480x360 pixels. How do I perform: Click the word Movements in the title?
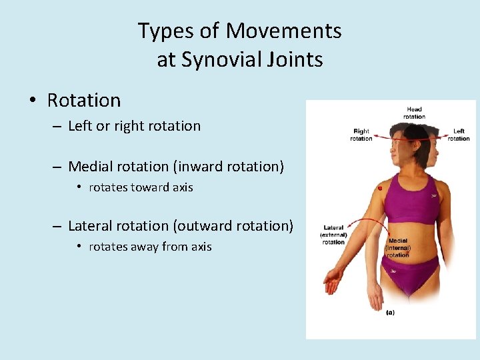283,31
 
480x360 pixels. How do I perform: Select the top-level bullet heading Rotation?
84,101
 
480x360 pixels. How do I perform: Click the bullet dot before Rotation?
32,101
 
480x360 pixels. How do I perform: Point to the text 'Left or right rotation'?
134,126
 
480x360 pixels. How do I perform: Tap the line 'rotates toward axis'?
141,187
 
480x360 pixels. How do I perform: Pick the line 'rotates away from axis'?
150,247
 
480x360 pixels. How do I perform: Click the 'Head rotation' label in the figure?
413,113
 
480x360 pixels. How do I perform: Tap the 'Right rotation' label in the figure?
361,135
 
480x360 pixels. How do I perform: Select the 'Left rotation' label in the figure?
459,135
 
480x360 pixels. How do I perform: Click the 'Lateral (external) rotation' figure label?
333,235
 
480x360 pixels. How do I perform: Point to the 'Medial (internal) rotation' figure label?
398,247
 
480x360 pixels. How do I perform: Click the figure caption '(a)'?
390,312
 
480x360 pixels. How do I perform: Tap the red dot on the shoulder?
379,189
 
